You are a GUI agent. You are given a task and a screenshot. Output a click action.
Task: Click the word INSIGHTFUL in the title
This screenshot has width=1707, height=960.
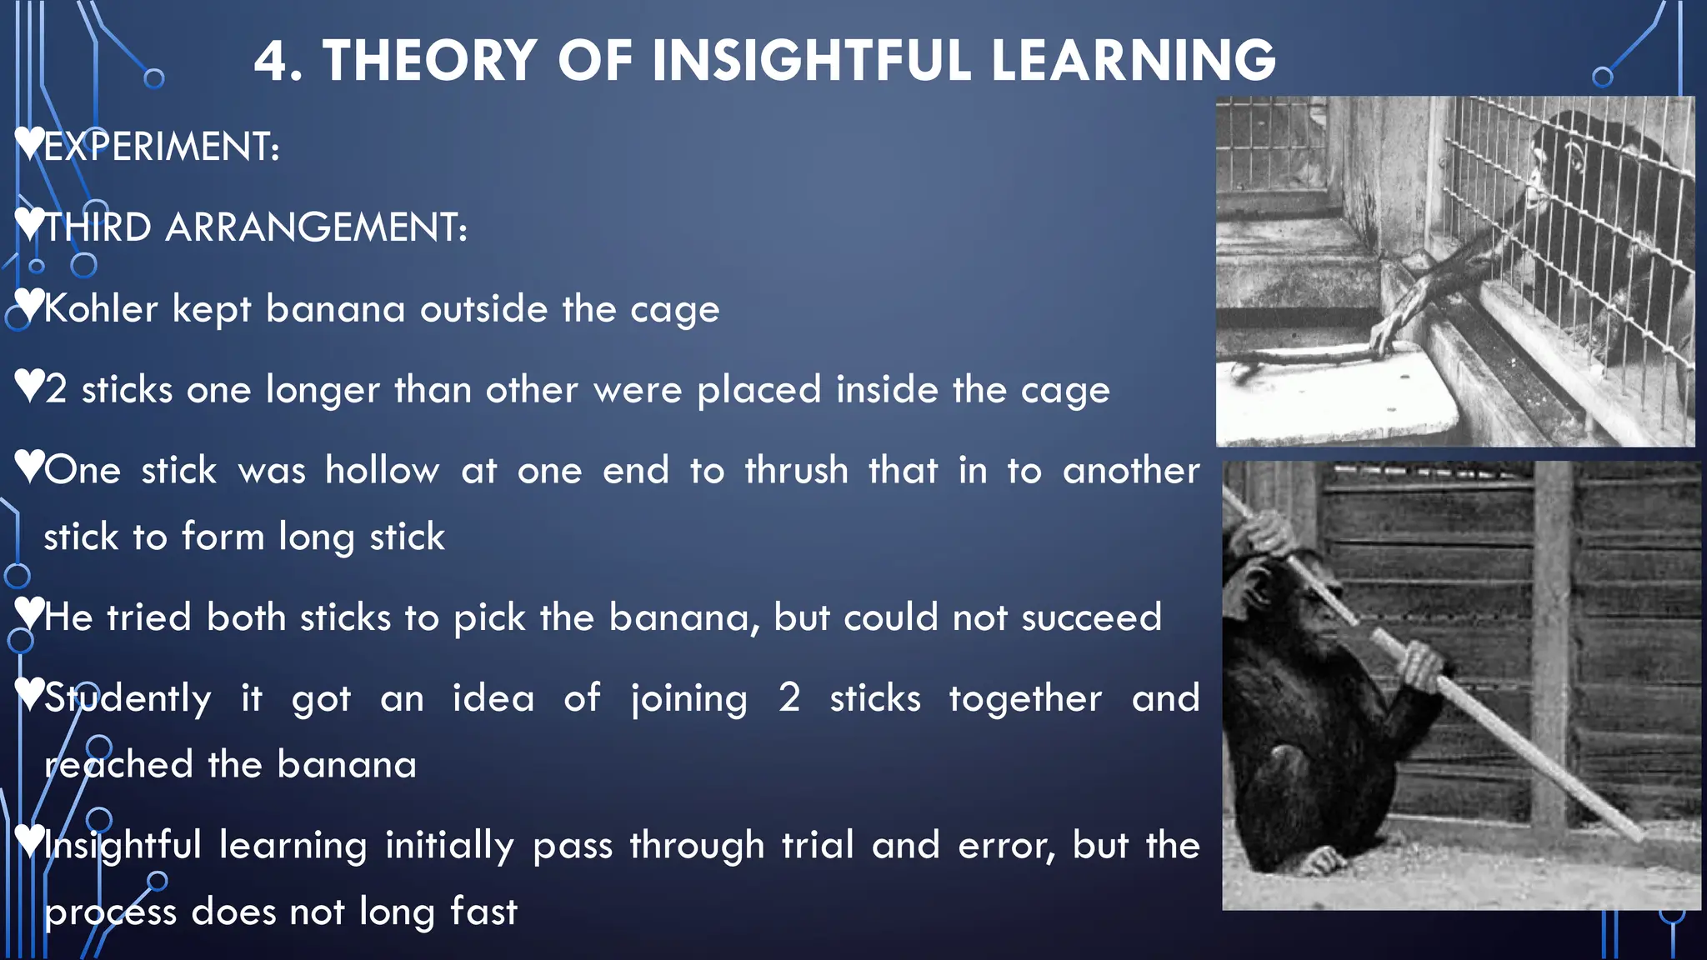pyautogui.click(x=811, y=61)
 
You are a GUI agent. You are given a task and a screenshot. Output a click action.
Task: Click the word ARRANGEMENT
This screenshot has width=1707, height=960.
pyautogui.click(x=315, y=227)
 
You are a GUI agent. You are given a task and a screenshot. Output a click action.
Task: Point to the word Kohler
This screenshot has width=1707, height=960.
pyautogui.click(x=100, y=309)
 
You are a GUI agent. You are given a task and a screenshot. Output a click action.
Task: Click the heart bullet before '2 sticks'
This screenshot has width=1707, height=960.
pyautogui.click(x=29, y=385)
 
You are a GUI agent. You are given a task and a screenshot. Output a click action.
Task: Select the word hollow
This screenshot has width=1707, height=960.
pyautogui.click(x=382, y=471)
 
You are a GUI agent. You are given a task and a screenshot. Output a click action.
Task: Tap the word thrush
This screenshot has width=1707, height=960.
pyautogui.click(x=796, y=471)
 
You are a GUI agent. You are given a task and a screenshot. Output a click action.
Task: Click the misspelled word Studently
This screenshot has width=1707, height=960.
pyautogui.click(x=128, y=698)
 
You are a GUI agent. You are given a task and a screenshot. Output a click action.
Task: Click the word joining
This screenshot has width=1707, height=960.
pyautogui.click(x=688, y=698)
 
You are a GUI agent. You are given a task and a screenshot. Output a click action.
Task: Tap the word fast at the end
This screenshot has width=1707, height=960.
pyautogui.click(x=483, y=911)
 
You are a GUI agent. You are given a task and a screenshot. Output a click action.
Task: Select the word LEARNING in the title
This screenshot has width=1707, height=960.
pyautogui.click(x=1134, y=61)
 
